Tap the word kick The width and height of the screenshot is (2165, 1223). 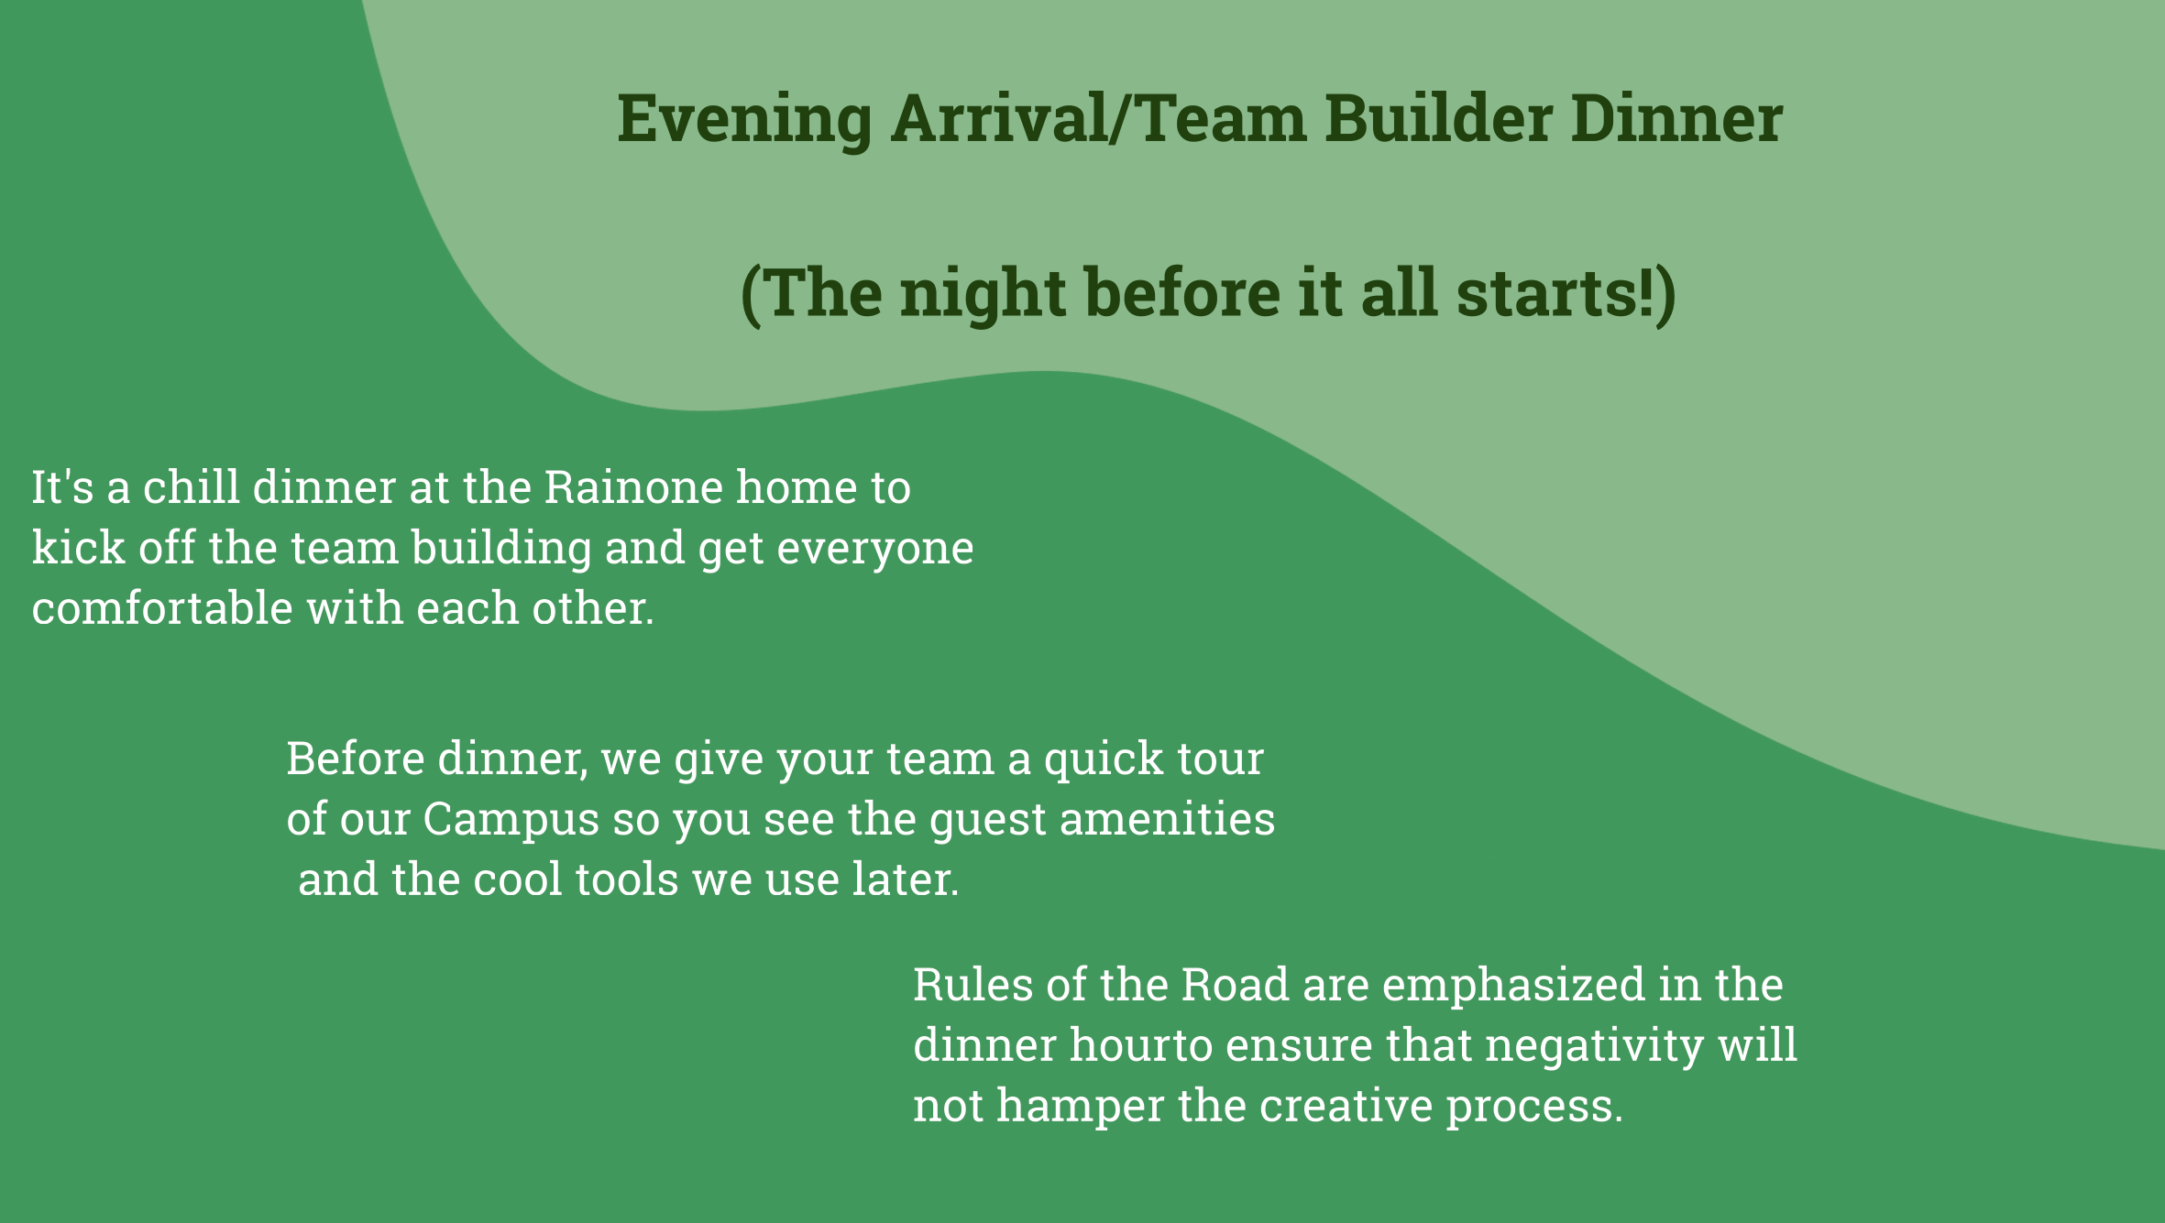pyautogui.click(x=78, y=547)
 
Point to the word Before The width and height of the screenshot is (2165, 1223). pyautogui.click(x=356, y=759)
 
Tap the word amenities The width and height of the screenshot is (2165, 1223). pyautogui.click(x=1167, y=819)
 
